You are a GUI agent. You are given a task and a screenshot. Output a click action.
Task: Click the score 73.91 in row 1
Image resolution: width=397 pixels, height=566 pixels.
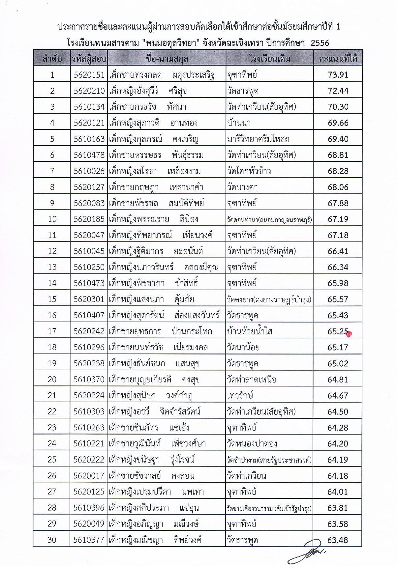tap(338, 75)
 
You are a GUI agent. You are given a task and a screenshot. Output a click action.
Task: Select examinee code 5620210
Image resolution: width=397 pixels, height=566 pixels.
tap(89, 91)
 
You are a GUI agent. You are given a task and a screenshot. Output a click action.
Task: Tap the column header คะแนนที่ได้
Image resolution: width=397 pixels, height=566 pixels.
tap(338, 59)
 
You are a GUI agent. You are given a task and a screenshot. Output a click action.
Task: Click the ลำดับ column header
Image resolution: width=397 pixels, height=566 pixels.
tap(52, 59)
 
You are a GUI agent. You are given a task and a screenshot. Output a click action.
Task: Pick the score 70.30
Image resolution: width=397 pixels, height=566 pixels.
tap(338, 107)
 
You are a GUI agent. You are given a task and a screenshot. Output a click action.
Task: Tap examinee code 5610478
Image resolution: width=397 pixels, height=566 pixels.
tap(89, 155)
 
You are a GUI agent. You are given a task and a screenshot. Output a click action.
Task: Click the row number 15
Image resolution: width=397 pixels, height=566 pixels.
tap(52, 299)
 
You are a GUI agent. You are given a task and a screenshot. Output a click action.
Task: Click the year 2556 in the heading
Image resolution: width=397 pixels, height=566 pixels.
tap(320, 43)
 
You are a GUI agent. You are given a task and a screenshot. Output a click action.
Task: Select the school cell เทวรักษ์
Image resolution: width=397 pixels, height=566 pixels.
tap(240, 395)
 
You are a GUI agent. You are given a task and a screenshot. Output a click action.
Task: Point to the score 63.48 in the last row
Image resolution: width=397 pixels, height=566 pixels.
tap(338, 540)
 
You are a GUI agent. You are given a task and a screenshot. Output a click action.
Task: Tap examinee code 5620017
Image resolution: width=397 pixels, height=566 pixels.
tap(89, 476)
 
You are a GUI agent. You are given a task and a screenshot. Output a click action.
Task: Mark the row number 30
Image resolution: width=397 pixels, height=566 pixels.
tap(52, 540)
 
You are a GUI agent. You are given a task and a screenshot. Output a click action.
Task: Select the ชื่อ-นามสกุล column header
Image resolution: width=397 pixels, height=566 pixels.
tap(167, 59)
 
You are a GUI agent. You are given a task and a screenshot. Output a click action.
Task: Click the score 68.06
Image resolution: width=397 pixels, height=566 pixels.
tap(338, 187)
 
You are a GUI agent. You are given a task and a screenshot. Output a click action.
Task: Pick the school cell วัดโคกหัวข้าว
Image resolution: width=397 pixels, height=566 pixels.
tap(249, 171)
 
